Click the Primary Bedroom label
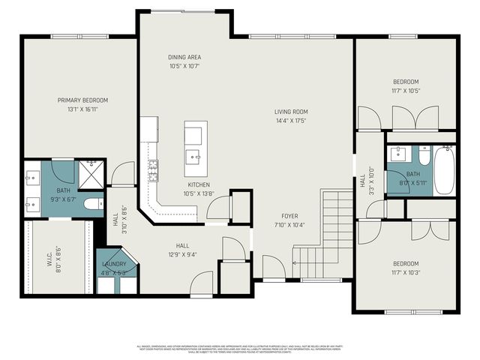pos(83,100)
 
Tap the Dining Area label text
pos(184,57)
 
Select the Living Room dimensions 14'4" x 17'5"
pos(290,120)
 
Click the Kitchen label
pos(199,184)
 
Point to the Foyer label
pos(290,216)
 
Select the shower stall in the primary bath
pos(90,172)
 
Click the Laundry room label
pos(114,264)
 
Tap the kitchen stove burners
pos(153,171)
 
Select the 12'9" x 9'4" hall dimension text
pos(183,253)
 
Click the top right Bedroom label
pos(406,82)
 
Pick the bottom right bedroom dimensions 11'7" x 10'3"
pos(406,272)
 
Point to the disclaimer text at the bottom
pos(240,349)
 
